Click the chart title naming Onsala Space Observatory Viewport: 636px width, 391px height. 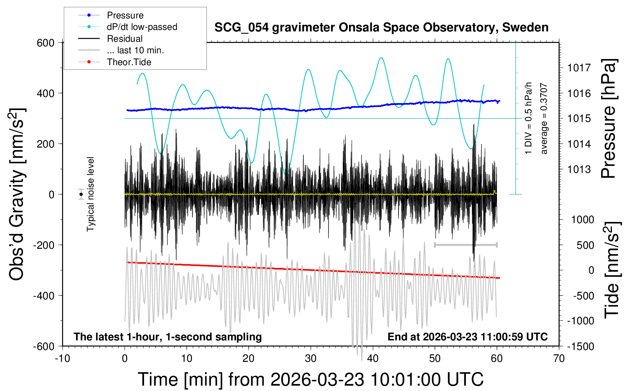tap(381, 28)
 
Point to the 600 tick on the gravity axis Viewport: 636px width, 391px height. tap(46, 43)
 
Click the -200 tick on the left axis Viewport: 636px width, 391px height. tap(44, 245)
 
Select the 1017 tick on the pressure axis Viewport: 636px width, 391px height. tap(579, 68)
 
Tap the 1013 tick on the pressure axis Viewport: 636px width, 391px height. tap(579, 169)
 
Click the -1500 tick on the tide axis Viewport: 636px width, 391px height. tap(580, 347)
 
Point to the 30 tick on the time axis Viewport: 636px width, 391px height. tap(311, 359)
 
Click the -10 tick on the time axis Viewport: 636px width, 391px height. tap(62, 359)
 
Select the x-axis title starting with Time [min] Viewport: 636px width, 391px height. tap(311, 379)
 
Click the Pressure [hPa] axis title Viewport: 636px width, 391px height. tap(608, 119)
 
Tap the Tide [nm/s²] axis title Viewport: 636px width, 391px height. tap(612, 270)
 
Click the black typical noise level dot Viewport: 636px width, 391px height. tap(81, 194)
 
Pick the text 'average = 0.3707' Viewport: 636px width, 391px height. tap(544, 119)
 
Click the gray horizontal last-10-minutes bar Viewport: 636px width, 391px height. tap(466, 245)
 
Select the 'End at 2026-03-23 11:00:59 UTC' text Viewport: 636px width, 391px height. tap(467, 337)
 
